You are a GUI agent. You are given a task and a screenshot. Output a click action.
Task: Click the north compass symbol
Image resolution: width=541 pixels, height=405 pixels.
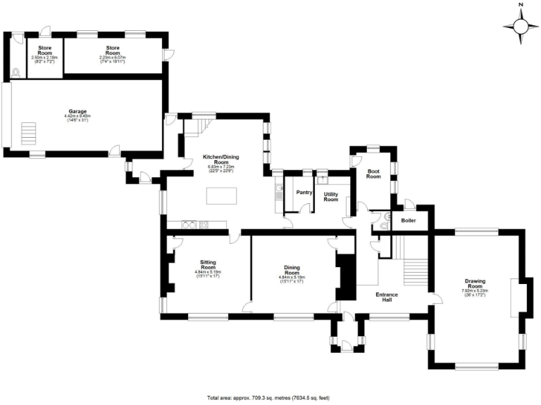(x=521, y=26)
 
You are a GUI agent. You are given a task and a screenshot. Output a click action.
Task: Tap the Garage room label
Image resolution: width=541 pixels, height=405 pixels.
(x=77, y=110)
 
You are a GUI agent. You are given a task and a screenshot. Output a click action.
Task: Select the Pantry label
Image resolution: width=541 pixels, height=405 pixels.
(x=304, y=191)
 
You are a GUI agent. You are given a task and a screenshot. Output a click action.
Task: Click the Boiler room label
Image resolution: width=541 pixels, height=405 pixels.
(x=408, y=221)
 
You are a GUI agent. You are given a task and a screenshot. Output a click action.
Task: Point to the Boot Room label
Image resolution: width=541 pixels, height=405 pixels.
(x=373, y=174)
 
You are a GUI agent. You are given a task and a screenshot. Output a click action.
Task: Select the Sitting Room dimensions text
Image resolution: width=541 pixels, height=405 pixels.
(x=208, y=274)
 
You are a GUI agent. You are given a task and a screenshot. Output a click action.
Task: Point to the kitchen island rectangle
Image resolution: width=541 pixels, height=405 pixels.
(x=223, y=195)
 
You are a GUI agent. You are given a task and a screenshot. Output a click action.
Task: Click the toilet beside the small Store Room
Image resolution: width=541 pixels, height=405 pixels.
(x=16, y=71)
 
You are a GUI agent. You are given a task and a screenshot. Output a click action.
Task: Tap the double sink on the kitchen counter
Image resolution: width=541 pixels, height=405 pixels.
(x=188, y=225)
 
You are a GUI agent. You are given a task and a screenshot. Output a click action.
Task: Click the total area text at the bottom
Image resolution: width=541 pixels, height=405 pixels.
(x=268, y=397)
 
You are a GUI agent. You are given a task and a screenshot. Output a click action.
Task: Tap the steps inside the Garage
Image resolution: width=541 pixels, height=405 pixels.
(x=29, y=132)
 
